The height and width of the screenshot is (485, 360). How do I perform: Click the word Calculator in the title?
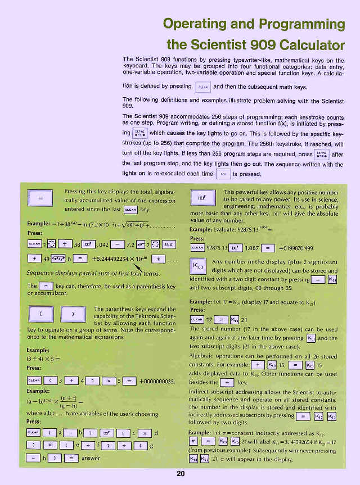tap(302, 44)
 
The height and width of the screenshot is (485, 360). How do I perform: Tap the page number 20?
tap(181, 474)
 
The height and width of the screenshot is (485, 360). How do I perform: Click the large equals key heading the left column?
tap(40, 199)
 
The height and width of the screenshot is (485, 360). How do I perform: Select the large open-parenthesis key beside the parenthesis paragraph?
tap(42, 313)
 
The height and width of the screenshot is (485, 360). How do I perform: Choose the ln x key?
tap(169, 243)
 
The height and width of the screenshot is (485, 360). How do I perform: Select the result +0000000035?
tap(156, 381)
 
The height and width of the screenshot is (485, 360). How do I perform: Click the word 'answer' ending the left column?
tap(91, 459)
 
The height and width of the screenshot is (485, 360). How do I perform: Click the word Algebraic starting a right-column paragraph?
tap(205, 356)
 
